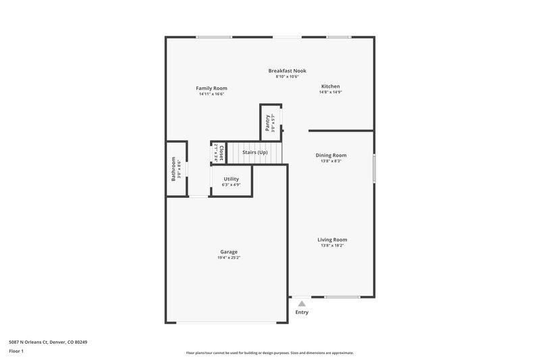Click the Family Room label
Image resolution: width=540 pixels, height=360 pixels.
click(211, 88)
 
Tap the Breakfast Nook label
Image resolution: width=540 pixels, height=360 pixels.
click(287, 71)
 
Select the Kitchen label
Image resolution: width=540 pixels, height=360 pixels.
click(330, 86)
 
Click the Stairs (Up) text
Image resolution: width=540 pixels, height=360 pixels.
click(255, 153)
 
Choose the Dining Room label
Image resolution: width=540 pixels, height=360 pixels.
click(331, 155)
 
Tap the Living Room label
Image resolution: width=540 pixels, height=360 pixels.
click(333, 240)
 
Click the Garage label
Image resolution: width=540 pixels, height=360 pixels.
click(229, 252)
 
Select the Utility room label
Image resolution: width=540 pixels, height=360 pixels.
click(232, 179)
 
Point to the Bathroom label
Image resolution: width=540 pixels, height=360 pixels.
click(173, 169)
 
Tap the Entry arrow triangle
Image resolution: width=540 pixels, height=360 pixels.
click(302, 305)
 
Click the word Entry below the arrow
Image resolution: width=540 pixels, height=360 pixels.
click(302, 312)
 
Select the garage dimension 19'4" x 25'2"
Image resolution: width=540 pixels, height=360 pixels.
click(229, 258)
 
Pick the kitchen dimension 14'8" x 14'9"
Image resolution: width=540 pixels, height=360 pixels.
click(330, 93)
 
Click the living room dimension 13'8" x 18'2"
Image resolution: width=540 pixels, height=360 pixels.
click(333, 246)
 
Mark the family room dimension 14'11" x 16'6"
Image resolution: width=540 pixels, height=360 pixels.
click(211, 94)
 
